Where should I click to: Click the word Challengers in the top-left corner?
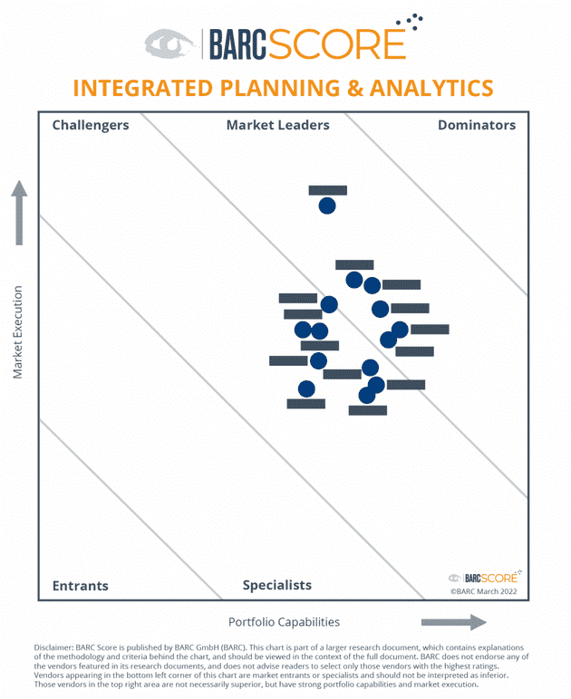pos(91,125)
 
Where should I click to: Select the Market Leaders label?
pos(277,125)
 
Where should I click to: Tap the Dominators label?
pos(477,125)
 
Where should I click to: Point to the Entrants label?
pos(80,586)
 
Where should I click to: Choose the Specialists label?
pos(276,586)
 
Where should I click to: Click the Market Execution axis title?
pos(17,333)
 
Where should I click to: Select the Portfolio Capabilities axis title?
pos(284,622)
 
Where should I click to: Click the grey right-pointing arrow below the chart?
pos(453,622)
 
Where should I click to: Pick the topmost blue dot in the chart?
pos(327,206)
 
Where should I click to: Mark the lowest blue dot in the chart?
pos(367,395)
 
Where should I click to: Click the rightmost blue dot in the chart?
pos(400,330)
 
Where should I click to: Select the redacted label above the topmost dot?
pos(327,191)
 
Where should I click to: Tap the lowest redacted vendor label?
pos(367,410)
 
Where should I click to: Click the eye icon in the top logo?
pos(169,43)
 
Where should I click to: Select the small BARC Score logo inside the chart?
pos(484,577)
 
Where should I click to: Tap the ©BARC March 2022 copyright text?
pos(484,590)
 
